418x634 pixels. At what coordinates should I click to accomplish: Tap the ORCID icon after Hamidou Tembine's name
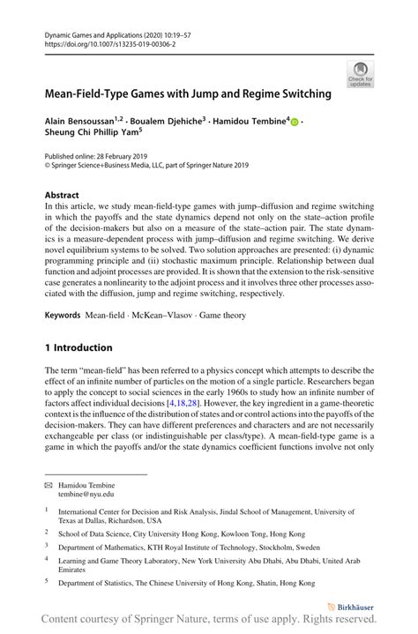(295, 123)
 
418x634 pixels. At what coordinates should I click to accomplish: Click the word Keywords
(67, 339)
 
